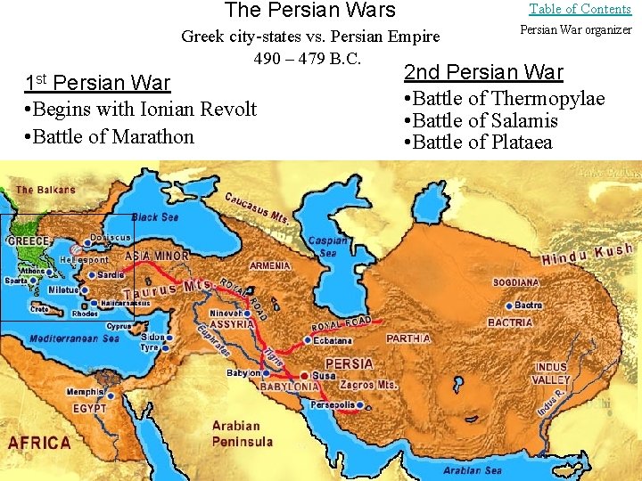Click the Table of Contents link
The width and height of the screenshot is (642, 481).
click(580, 9)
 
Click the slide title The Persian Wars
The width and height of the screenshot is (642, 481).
click(309, 11)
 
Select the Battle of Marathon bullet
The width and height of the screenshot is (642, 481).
click(112, 136)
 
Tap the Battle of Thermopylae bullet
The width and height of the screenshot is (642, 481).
click(505, 99)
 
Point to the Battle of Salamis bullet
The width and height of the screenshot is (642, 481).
click(481, 120)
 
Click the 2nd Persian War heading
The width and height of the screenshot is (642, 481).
click(483, 72)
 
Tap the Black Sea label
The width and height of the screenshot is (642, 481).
click(155, 217)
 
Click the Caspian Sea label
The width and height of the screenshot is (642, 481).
click(327, 247)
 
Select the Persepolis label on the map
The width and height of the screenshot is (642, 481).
click(332, 404)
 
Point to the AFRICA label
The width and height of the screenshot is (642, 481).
click(39, 443)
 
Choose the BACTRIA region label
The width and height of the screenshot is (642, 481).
click(510, 322)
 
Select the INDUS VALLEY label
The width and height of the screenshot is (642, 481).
click(551, 373)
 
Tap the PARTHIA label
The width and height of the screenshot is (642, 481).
click(408, 338)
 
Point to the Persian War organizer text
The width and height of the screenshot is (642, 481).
click(575, 30)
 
